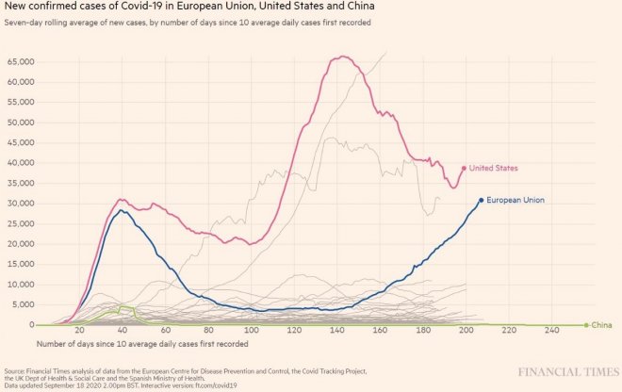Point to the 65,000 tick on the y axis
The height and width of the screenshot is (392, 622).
(x=21, y=61)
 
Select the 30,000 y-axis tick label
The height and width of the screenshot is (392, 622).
(x=21, y=204)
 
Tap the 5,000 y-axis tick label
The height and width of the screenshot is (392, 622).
(x=23, y=304)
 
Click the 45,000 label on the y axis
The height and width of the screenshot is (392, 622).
(x=21, y=142)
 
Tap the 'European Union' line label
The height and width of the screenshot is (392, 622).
(x=515, y=200)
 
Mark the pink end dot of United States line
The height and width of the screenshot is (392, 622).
(x=465, y=169)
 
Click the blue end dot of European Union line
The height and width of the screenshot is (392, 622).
(x=482, y=200)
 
